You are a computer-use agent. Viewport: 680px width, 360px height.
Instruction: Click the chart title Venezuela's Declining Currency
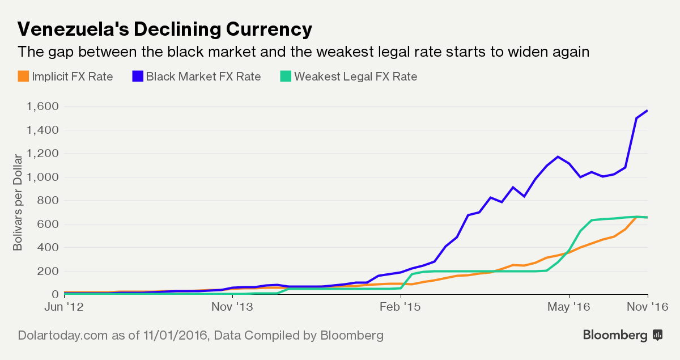(165, 29)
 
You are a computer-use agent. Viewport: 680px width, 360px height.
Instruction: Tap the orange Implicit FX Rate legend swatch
(23, 76)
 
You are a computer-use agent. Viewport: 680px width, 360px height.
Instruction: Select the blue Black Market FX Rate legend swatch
(137, 76)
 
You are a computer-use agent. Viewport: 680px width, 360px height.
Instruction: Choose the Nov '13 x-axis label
(231, 307)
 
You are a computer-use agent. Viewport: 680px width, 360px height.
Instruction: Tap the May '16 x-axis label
(568, 307)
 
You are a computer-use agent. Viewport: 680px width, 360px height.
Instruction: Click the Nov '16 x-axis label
(648, 307)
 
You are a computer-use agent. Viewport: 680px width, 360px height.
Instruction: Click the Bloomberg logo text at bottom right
(615, 335)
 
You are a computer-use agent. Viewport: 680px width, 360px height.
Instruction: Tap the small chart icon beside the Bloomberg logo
(658, 335)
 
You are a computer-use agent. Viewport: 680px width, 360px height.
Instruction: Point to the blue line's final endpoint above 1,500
(648, 111)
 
